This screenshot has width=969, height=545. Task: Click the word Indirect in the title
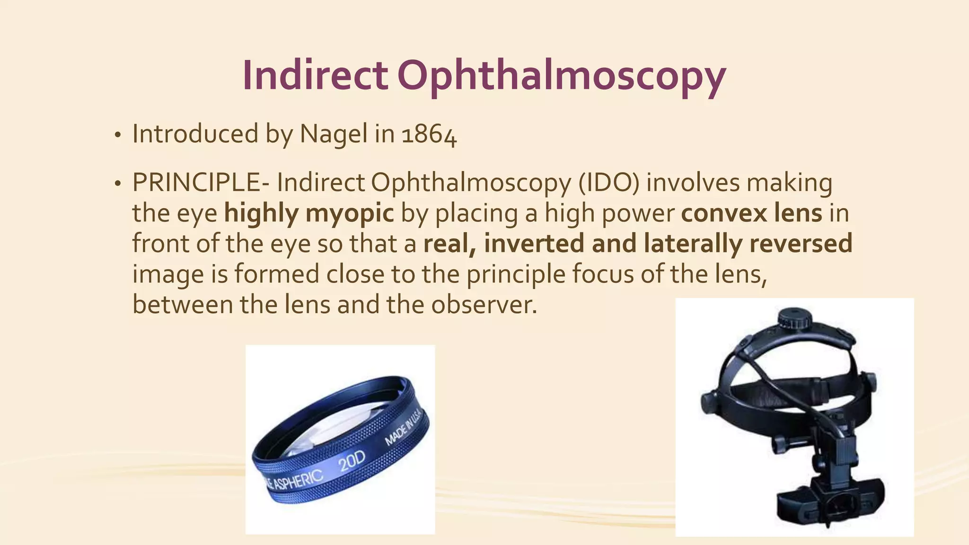pyautogui.click(x=315, y=76)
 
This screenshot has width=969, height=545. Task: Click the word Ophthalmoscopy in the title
pyautogui.click(x=561, y=77)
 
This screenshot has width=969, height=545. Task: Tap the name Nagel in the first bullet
pyautogui.click(x=334, y=134)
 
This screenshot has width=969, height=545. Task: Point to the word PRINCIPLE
pyautogui.click(x=196, y=183)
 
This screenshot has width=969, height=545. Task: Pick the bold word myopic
pyautogui.click(x=350, y=213)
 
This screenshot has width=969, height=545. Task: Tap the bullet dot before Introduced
pyautogui.click(x=117, y=136)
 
